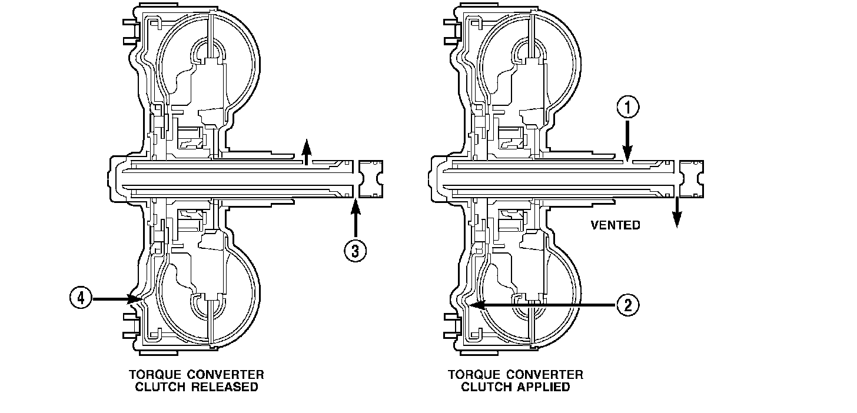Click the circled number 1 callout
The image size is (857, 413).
point(627,108)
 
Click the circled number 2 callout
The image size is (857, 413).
point(627,305)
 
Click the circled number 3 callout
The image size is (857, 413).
point(355,249)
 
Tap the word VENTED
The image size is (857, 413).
point(615,225)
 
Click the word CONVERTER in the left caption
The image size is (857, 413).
point(222,374)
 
